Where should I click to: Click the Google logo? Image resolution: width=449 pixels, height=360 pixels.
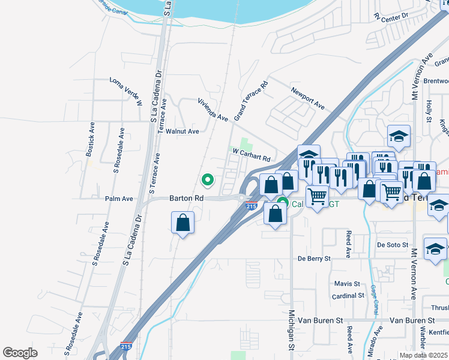(x=20, y=353)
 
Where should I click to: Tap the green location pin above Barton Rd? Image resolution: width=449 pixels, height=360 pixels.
(x=208, y=179)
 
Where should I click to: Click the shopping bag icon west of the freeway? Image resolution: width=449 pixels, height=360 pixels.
(x=183, y=223)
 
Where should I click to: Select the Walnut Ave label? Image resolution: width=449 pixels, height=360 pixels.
(x=182, y=131)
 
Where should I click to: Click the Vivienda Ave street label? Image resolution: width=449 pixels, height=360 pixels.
(x=214, y=110)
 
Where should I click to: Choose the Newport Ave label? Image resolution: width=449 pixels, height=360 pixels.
(x=307, y=98)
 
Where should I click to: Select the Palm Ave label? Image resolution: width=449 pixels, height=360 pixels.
(x=119, y=199)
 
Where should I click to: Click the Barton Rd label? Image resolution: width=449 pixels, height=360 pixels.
(x=187, y=197)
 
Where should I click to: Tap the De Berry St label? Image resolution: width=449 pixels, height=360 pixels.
(x=314, y=259)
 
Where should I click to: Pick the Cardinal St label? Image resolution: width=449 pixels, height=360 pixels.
(x=348, y=296)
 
